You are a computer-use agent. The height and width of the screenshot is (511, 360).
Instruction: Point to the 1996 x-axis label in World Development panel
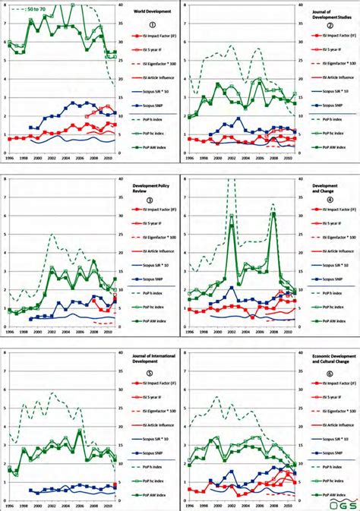pyautogui.click(x=8, y=159)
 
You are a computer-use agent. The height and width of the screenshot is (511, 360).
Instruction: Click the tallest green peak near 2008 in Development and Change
pyautogui.click(x=273, y=213)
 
